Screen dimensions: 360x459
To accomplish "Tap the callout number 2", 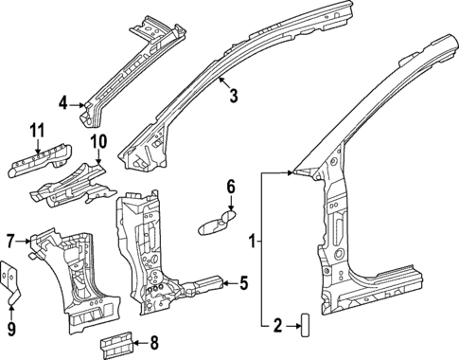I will tap(277, 326).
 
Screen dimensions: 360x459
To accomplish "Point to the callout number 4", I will tap(62, 102).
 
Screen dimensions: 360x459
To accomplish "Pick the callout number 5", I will tap(243, 281).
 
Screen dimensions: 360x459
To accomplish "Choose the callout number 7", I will tap(10, 240).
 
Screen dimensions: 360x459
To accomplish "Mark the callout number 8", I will tap(155, 344).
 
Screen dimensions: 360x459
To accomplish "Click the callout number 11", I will tap(37, 130).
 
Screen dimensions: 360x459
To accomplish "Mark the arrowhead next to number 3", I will tap(219, 82).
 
